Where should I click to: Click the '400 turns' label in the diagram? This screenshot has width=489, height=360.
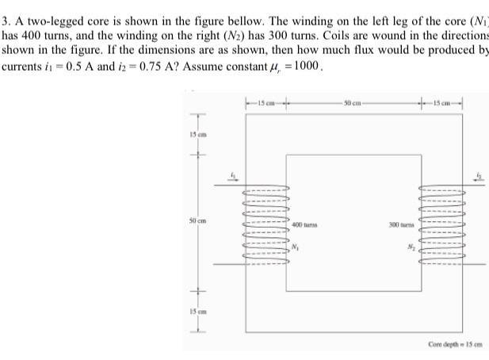304,226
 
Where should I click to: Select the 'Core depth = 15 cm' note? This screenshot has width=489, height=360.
454,343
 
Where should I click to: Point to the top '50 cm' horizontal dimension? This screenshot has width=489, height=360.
353,102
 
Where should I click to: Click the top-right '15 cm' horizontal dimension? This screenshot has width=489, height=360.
443,102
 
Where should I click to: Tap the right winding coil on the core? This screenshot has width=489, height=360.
443,226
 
